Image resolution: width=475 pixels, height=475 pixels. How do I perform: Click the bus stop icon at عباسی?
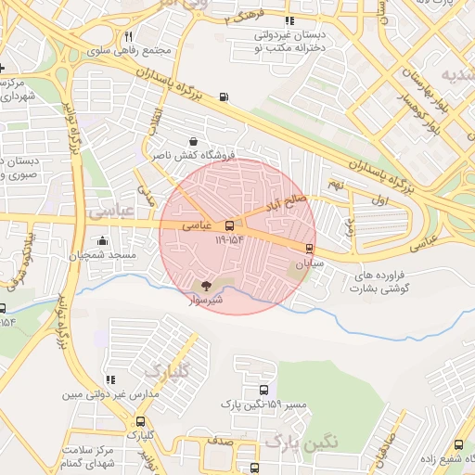click(230, 225)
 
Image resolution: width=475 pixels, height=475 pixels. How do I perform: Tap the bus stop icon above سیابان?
click(309, 248)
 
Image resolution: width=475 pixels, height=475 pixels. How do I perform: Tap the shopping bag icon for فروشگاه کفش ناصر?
click(218, 142)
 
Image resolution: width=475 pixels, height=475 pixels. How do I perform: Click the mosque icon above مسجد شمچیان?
click(100, 241)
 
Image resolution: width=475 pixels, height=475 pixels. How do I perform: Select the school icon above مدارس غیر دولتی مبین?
click(111, 379)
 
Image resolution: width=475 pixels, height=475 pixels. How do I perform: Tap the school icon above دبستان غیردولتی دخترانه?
click(289, 20)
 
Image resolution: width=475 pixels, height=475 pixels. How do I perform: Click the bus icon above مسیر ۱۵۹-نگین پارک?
click(264, 391)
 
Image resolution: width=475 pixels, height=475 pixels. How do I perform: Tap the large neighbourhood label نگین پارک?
click(302, 442)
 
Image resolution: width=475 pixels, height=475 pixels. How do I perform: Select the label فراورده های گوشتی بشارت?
click(381, 282)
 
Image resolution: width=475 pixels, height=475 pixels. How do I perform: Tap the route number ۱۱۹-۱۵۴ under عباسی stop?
click(229, 239)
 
